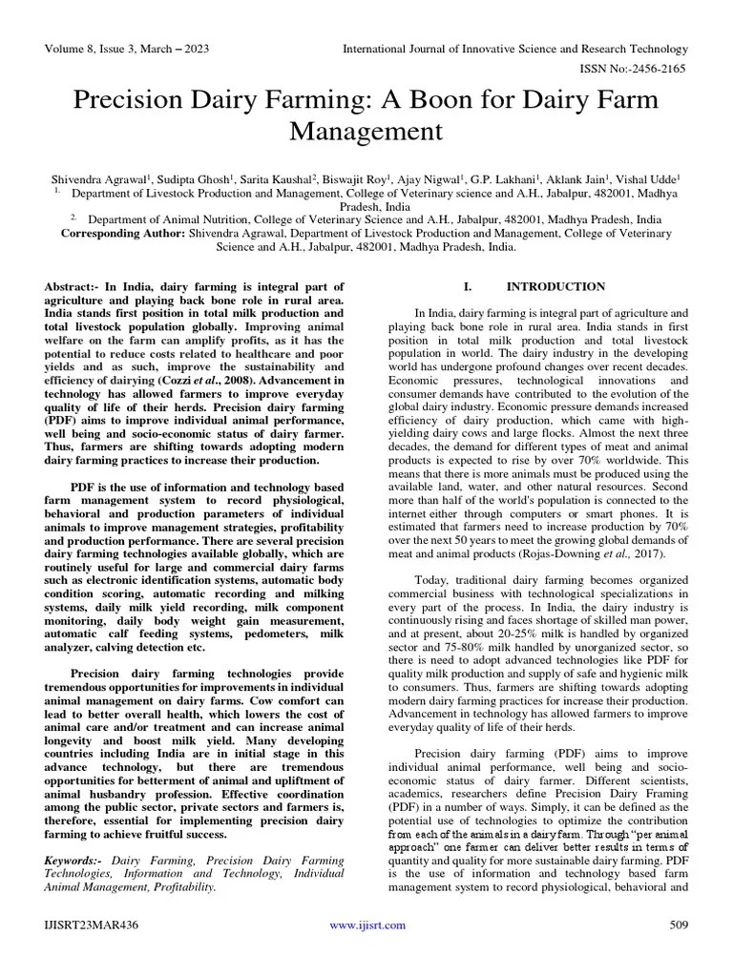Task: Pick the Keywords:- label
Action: tap(75, 860)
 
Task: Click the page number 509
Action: tap(679, 925)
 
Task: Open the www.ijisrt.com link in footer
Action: tap(366, 925)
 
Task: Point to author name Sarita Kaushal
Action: tap(270, 177)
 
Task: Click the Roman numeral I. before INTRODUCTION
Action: tap(468, 286)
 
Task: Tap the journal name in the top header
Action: tap(515, 49)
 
